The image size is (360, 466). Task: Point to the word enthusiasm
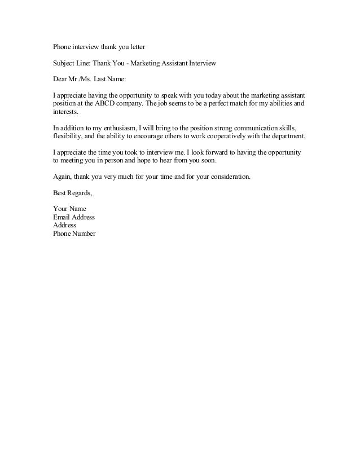pos(116,129)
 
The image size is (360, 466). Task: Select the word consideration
pos(227,177)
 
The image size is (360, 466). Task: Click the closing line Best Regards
pos(72,193)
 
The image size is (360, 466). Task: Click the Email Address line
pos(73,217)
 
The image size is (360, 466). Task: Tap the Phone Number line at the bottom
pos(74,233)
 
